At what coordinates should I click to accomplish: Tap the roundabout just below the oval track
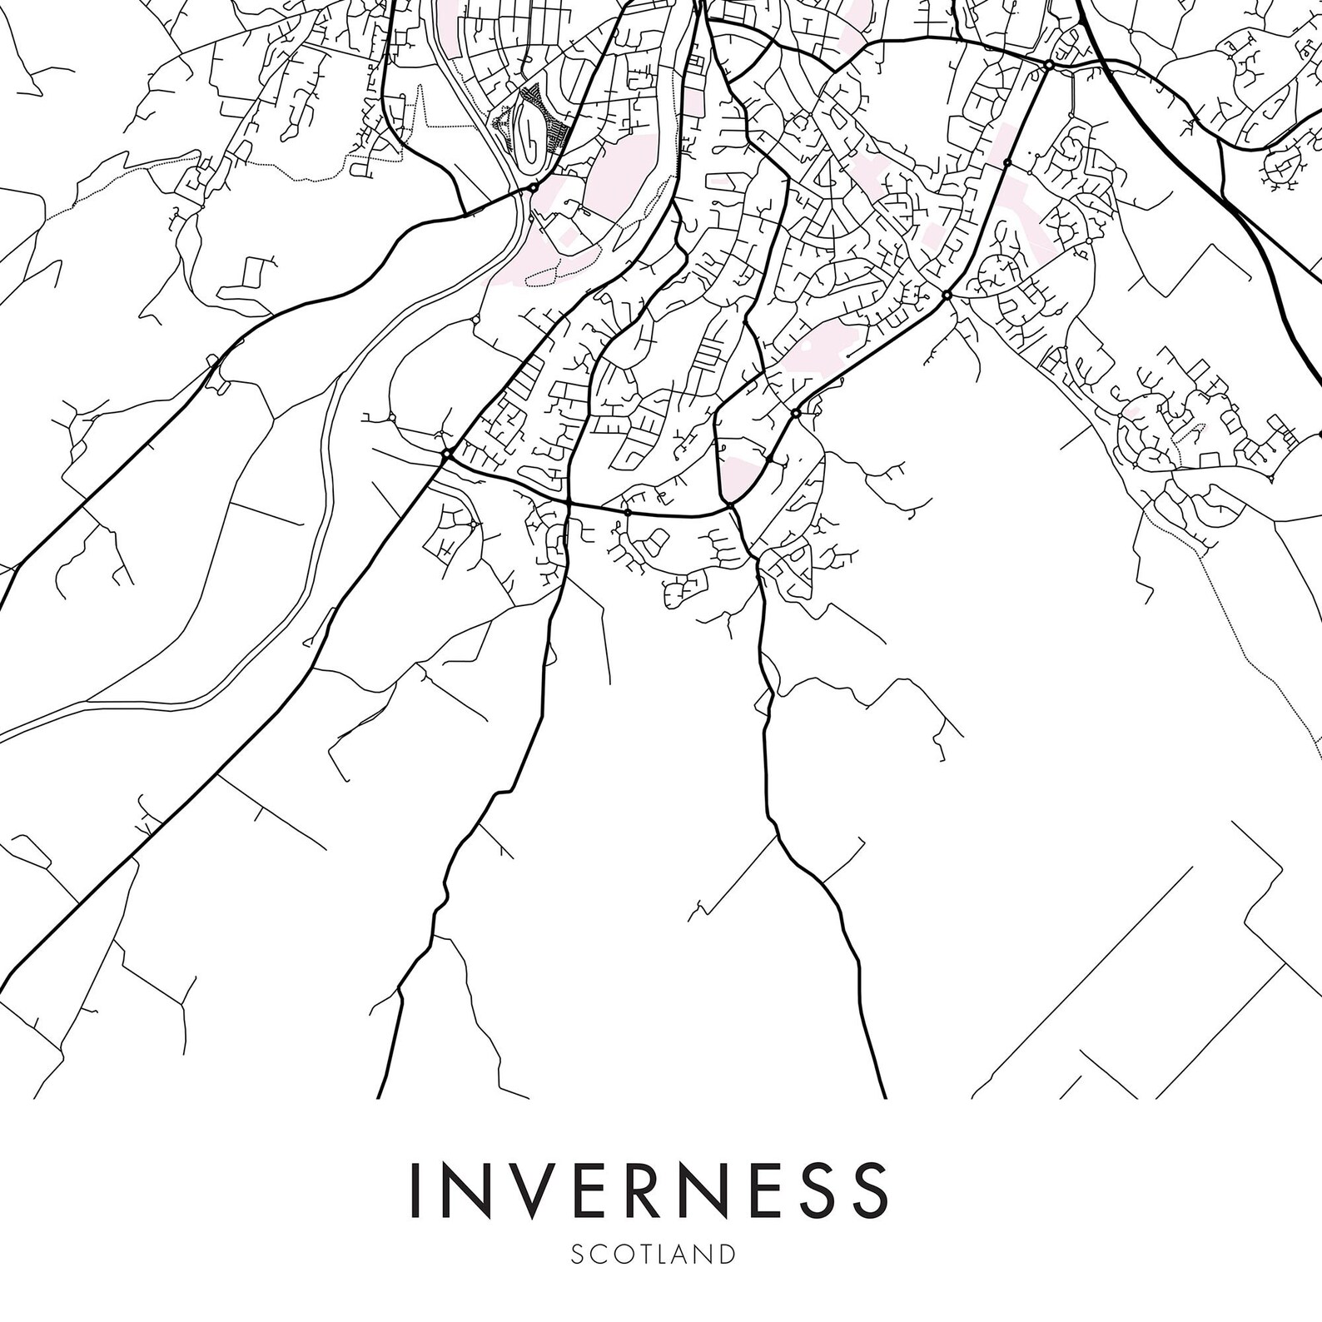(x=533, y=187)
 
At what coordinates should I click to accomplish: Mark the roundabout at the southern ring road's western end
(x=447, y=454)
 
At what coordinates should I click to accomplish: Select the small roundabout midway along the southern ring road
(x=628, y=514)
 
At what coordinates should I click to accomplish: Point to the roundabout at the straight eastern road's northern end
(x=1049, y=64)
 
